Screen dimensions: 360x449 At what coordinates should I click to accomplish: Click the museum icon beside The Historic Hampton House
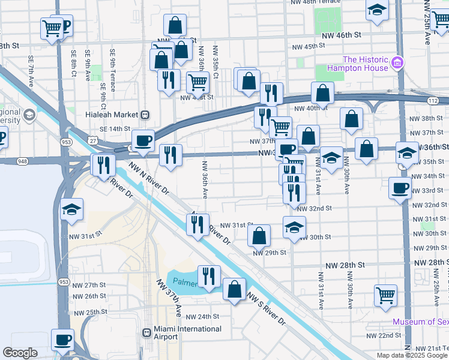[x=397, y=63]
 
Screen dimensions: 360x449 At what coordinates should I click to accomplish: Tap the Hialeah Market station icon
[x=145, y=115]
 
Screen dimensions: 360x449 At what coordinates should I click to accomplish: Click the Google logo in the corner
[x=20, y=353]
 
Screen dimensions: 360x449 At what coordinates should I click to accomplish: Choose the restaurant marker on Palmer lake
[x=208, y=276]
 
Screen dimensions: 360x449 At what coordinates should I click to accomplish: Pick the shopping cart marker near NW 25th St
[x=385, y=294]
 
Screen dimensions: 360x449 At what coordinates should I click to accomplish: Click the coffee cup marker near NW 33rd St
[x=400, y=188]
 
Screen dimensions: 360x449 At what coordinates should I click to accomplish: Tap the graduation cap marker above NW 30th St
[x=294, y=227]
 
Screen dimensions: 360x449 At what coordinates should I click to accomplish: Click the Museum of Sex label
[x=420, y=322]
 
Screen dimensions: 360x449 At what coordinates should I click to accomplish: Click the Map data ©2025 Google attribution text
[x=412, y=355]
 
